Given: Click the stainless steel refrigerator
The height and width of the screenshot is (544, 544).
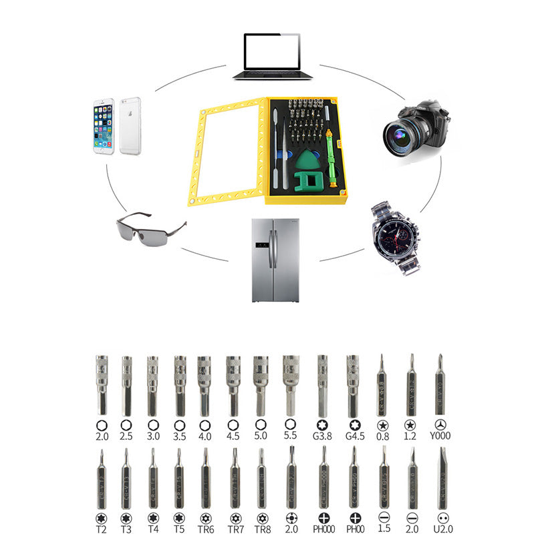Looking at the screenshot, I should tap(275, 260).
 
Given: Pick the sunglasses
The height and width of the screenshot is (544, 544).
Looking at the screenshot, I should tap(150, 228).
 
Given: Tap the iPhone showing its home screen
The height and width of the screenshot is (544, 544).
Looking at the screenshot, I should tap(103, 127).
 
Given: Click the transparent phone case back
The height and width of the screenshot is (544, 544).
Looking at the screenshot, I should tap(130, 126).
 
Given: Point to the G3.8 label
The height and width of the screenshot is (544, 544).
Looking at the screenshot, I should tap(322, 437).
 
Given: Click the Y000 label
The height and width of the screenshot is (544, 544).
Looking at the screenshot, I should tap(440, 437).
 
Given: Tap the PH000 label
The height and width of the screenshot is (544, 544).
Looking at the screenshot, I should tap(323, 529).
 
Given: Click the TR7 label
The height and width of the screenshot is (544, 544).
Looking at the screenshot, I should tap(235, 529).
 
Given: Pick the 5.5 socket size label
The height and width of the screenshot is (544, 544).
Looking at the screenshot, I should tap(290, 435).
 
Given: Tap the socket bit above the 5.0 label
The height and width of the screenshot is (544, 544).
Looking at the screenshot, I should tap(261, 384).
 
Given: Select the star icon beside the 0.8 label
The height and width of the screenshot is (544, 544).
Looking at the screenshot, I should tap(383, 425).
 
